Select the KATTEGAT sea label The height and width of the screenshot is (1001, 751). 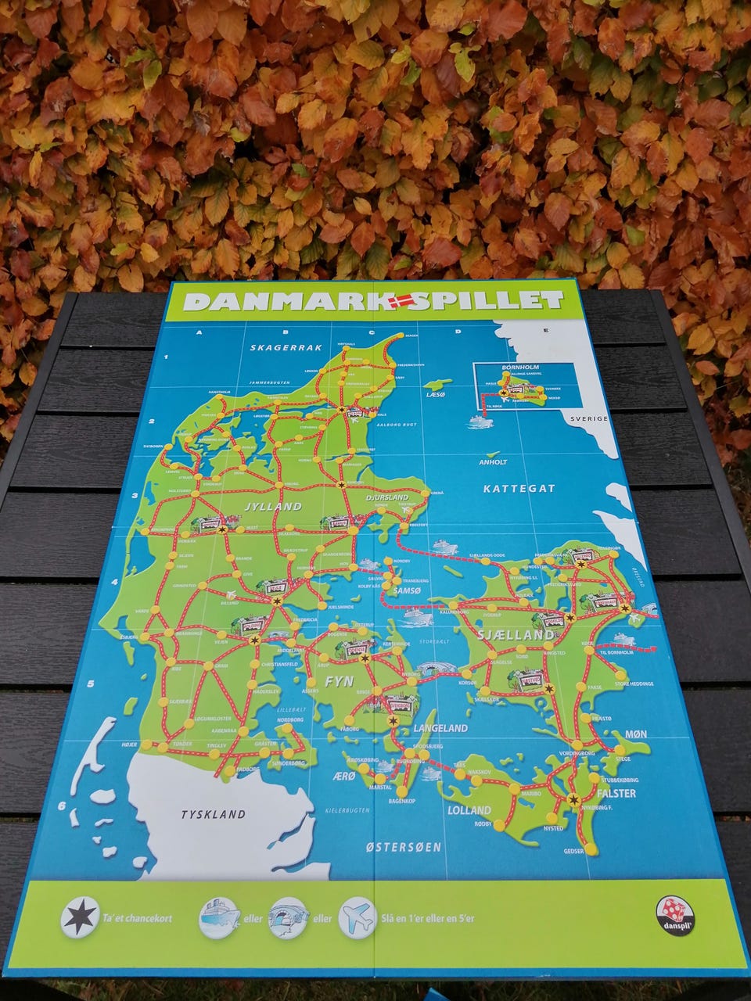519,489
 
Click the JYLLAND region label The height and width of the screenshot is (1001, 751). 273,507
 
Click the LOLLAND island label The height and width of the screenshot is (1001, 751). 469,810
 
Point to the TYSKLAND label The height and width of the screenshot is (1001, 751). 213,814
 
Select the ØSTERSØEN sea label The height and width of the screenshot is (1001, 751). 404,847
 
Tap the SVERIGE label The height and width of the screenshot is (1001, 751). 589,419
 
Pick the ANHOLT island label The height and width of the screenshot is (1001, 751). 493,462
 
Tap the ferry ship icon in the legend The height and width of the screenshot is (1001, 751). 218,918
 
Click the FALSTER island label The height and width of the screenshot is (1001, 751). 619,793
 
